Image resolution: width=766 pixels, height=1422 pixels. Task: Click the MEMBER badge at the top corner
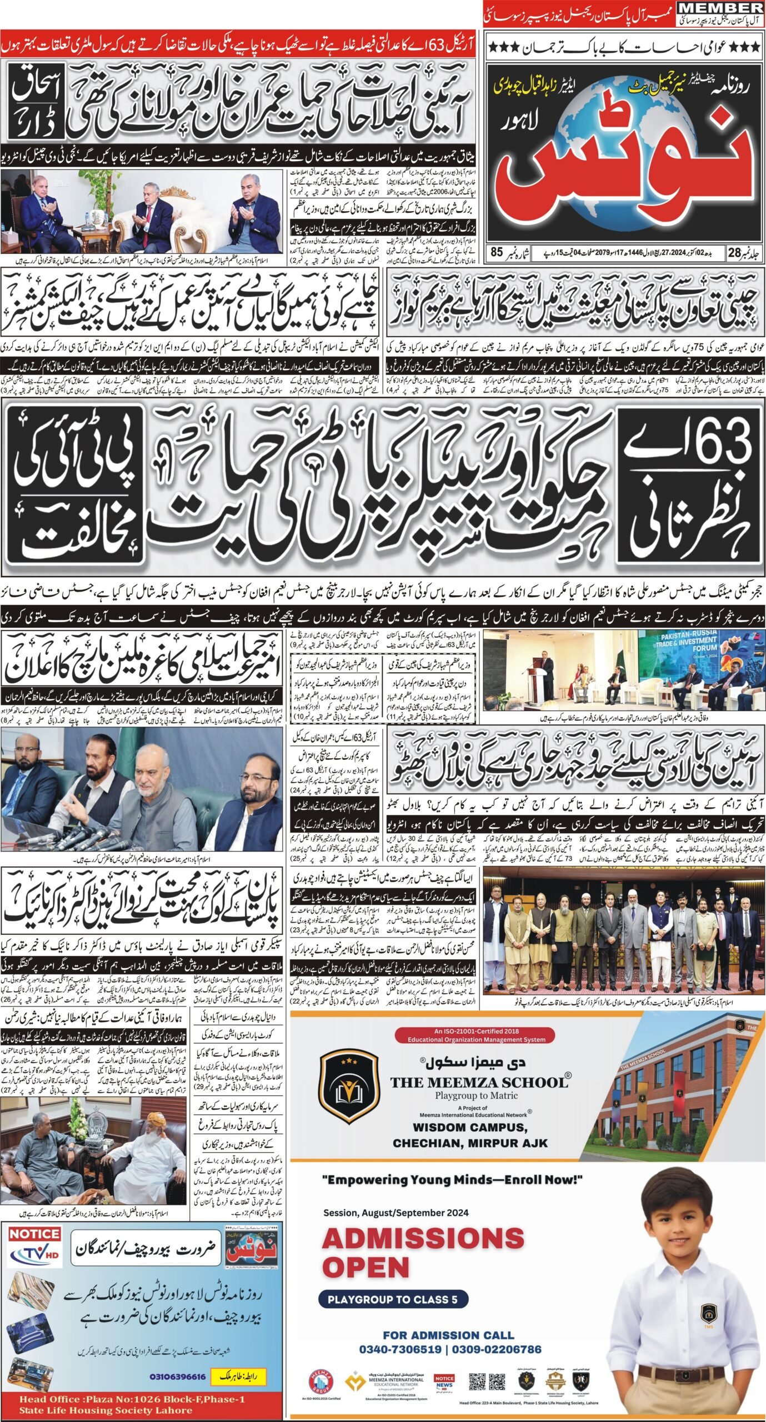(x=722, y=8)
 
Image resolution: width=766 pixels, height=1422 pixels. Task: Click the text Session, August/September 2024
(x=396, y=1208)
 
